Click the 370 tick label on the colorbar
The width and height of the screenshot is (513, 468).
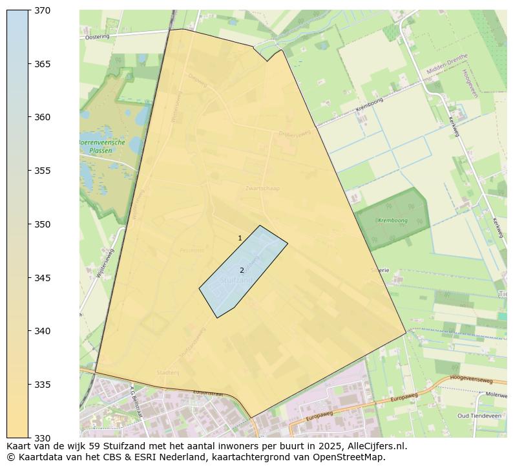(43, 11)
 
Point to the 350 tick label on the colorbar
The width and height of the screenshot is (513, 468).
(43, 224)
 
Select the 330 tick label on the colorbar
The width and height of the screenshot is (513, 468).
(43, 438)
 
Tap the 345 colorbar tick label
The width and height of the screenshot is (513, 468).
(43, 278)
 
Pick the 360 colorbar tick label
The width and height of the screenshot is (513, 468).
(43, 118)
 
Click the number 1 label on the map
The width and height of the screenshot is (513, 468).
(240, 239)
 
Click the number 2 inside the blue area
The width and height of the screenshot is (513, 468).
(242, 270)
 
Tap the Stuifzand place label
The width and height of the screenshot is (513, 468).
(236, 281)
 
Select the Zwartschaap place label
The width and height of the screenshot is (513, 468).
(262, 189)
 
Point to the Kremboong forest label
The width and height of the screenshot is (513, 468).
(393, 220)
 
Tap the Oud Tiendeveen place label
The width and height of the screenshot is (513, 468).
(479, 416)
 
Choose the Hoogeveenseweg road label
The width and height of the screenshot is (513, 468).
(471, 379)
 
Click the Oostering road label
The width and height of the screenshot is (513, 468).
(98, 37)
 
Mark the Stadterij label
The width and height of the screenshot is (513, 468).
(167, 372)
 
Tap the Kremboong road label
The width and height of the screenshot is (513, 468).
(369, 105)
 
